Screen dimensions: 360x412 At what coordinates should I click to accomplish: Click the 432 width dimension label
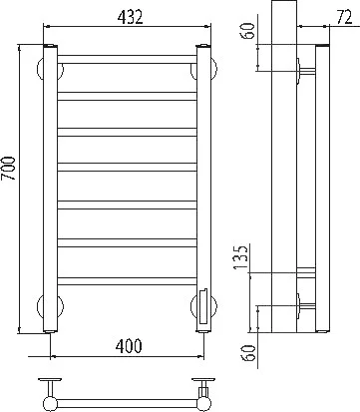tap(130, 17)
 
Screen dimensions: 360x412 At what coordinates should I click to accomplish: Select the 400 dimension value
tap(129, 346)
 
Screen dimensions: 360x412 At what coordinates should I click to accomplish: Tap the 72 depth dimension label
tap(344, 17)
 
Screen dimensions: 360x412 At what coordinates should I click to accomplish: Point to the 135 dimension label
tap(241, 257)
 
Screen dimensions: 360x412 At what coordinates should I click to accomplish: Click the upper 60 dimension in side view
tap(249, 30)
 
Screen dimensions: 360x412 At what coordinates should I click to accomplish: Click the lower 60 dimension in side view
tap(249, 353)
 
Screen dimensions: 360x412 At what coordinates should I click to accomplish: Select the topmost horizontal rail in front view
tap(128, 60)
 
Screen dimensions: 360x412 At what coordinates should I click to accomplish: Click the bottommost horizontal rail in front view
tap(128, 281)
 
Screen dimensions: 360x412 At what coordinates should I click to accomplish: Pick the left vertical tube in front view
tap(51, 189)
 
